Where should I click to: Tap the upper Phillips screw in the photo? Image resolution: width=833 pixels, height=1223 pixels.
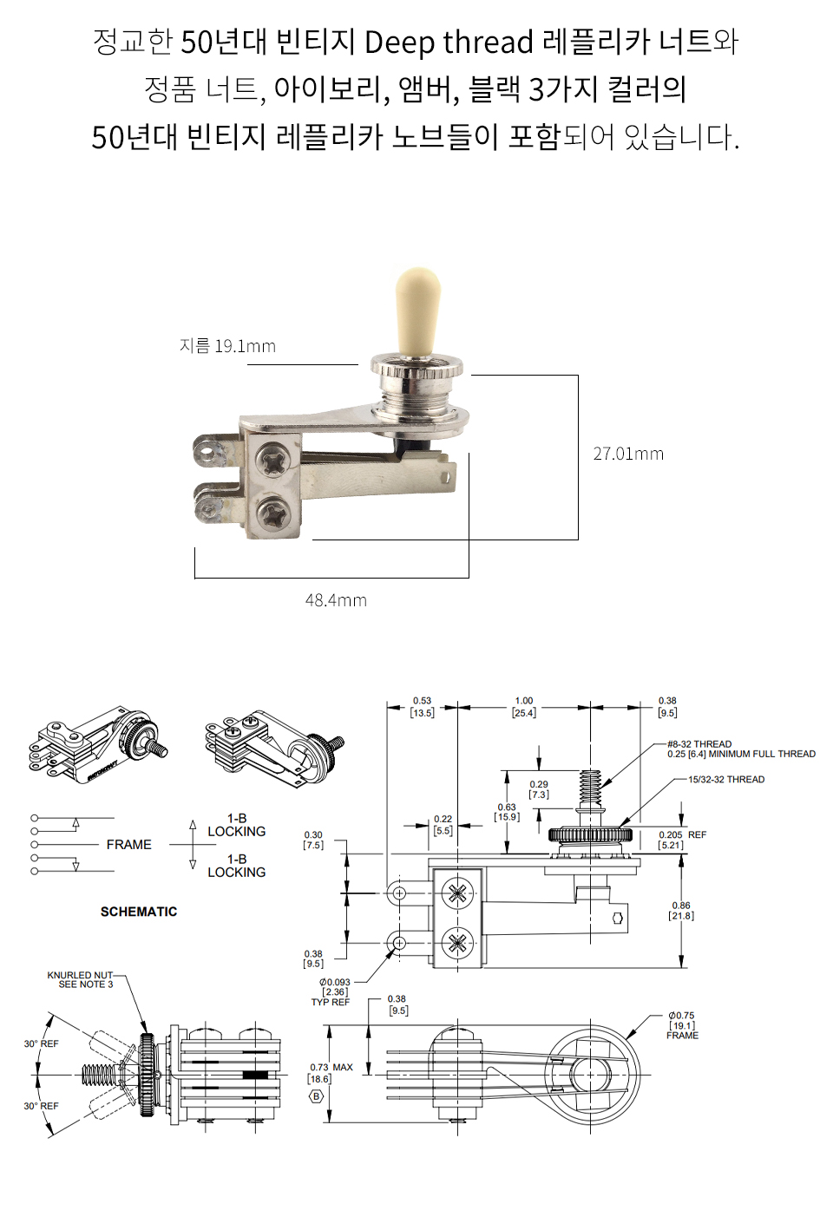click(x=275, y=460)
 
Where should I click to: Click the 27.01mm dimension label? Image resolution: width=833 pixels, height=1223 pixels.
click(x=628, y=454)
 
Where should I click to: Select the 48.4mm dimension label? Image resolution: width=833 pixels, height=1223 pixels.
click(x=336, y=600)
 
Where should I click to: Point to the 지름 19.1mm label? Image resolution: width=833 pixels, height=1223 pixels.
click(x=227, y=346)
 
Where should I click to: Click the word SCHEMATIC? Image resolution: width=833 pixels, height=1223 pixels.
click(x=139, y=912)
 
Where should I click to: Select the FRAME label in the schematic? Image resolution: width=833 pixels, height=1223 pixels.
click(x=128, y=845)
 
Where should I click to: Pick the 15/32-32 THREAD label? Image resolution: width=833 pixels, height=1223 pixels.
click(x=726, y=780)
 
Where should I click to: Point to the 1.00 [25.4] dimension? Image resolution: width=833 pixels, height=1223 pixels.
click(x=524, y=707)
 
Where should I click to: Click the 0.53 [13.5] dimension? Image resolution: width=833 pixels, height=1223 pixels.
click(x=422, y=707)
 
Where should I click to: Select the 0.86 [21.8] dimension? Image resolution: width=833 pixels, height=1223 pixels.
click(x=681, y=911)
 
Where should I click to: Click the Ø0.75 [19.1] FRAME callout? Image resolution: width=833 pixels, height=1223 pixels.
click(x=682, y=1025)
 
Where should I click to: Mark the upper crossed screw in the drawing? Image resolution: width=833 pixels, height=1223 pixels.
click(x=457, y=893)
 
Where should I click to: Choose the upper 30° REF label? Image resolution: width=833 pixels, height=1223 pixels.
click(x=42, y=1044)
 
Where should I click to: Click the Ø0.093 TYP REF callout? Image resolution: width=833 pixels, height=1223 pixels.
click(x=334, y=992)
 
